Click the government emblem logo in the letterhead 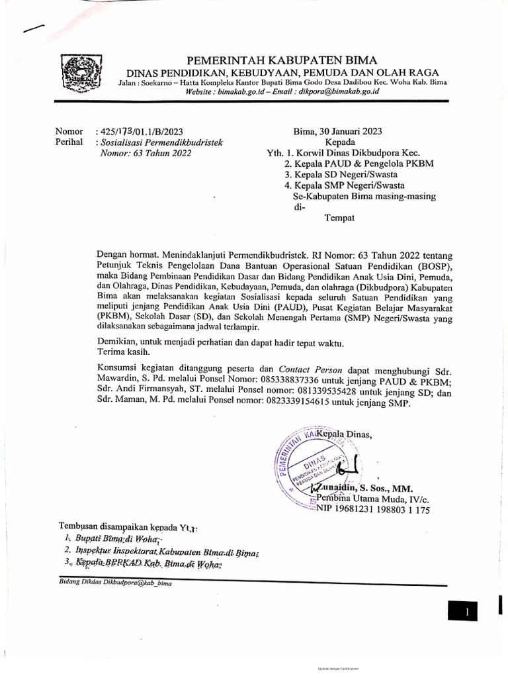click(79, 75)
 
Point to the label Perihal click(69, 142)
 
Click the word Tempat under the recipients click(339, 218)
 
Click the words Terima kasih click(122, 352)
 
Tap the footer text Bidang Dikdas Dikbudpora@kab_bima click(106, 582)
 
